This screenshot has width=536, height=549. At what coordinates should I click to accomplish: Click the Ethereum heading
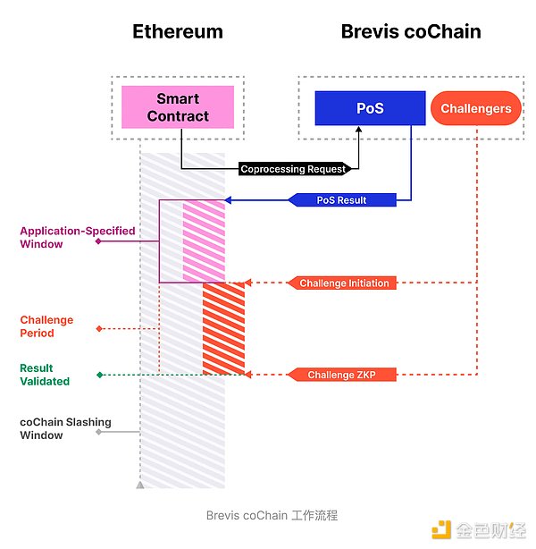[x=178, y=32]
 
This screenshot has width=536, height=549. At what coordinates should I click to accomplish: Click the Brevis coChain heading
[x=411, y=32]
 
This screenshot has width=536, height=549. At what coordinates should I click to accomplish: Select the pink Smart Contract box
[x=178, y=106]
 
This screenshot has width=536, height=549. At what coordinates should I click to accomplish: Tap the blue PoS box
[x=370, y=108]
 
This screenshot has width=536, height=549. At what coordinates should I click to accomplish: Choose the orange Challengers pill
[x=476, y=108]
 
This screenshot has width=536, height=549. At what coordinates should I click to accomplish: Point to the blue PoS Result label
[x=342, y=199]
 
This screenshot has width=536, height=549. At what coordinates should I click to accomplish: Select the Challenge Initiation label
[x=344, y=283]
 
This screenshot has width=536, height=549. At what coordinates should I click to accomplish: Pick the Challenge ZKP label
[x=343, y=375]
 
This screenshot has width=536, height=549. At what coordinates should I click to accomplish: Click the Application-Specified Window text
[x=78, y=237]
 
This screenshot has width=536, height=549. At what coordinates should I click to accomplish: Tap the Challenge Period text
[x=47, y=326]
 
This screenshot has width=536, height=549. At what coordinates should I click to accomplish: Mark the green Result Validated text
[x=45, y=375]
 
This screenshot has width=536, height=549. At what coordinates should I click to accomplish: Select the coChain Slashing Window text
[x=54, y=428]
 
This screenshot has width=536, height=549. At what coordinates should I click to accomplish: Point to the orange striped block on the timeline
[x=223, y=328]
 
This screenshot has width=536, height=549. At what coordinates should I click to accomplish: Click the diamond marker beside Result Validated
[x=99, y=375]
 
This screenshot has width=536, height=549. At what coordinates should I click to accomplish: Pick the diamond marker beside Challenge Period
[x=99, y=328]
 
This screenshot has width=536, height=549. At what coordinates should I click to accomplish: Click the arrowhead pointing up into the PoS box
[x=359, y=131]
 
